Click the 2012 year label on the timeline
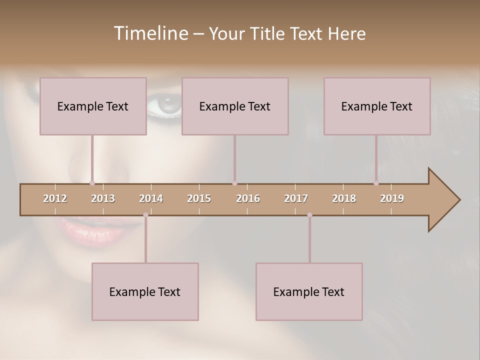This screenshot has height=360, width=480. pos(55,198)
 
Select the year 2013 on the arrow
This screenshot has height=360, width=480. pos(103,198)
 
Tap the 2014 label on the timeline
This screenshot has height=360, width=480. pos(151,198)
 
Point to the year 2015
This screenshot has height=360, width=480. pos(199,198)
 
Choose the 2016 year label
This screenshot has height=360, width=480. pos(248,198)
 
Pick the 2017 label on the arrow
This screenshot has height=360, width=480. pos(296,198)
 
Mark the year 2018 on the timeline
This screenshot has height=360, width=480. pos(344,198)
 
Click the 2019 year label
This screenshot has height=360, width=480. pos(392,198)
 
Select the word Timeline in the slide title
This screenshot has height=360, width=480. pos(149,33)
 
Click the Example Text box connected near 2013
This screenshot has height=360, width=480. pos(93,106)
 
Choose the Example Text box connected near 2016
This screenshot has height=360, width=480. pos(235,106)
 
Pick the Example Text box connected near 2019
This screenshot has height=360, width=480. pos(377,106)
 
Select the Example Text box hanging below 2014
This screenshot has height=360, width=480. pos(145,291)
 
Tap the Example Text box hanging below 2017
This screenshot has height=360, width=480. pos(309,291)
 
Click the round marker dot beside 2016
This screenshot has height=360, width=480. pos(234,183)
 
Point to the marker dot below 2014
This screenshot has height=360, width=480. pos(145,215)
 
